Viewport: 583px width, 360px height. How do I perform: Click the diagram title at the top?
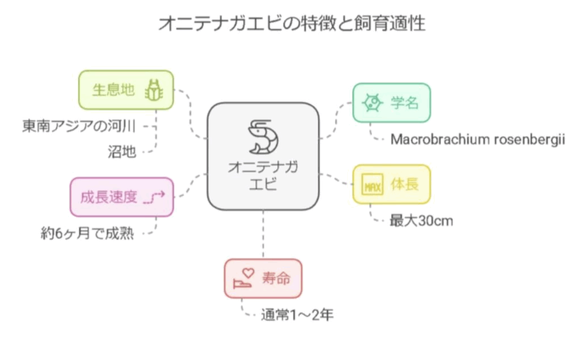(291, 23)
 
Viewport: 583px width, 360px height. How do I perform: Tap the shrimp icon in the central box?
(263, 137)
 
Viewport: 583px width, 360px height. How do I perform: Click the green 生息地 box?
(125, 89)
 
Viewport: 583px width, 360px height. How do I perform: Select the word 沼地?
(122, 152)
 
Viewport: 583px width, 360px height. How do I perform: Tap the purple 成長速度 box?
(121, 197)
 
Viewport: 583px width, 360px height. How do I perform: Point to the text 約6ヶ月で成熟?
(87, 232)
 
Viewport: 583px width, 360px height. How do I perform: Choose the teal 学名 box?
(391, 103)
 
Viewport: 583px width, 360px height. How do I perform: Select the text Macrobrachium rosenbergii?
(477, 140)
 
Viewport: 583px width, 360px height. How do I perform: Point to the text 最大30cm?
(421, 220)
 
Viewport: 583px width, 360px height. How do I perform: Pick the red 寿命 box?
(262, 279)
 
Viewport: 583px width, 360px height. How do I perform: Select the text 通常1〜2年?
(297, 314)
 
